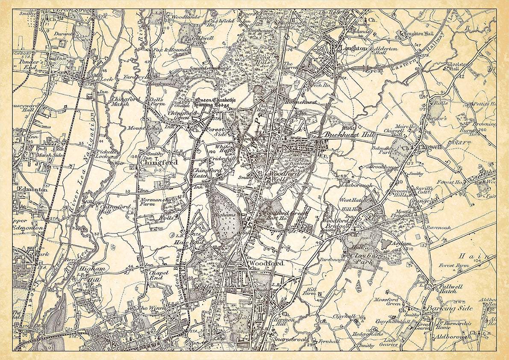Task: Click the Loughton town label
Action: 354,49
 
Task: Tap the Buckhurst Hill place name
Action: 349,135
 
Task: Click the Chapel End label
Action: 155,276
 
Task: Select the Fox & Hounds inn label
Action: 174,50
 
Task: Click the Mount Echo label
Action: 138,128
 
